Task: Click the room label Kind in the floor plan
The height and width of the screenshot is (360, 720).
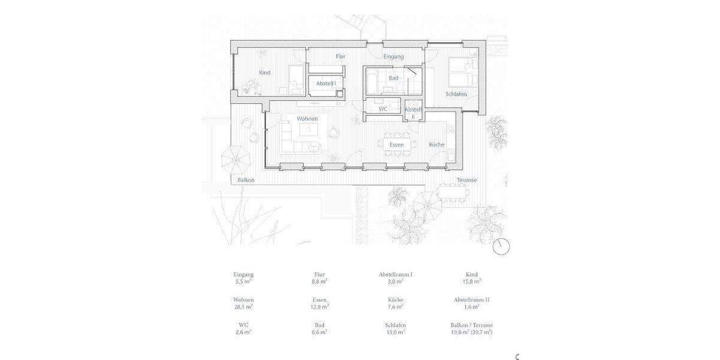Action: tap(265, 73)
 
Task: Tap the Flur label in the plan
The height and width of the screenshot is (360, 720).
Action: tap(340, 56)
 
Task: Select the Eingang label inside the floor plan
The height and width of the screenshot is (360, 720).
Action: tap(394, 56)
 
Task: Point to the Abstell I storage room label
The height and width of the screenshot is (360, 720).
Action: tap(326, 84)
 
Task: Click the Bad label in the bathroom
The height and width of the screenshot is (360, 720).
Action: tap(394, 78)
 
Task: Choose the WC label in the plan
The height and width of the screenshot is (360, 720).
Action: tap(383, 109)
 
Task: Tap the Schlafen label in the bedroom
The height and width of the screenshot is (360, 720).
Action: tap(456, 94)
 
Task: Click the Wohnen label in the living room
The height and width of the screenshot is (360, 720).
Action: tap(307, 119)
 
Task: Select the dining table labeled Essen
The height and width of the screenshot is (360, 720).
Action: tap(396, 145)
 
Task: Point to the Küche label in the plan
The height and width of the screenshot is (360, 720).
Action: tap(436, 145)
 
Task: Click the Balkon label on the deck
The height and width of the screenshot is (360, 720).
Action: tap(246, 180)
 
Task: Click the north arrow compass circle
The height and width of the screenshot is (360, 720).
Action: tap(501, 247)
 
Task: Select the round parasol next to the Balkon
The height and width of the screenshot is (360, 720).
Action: tap(235, 159)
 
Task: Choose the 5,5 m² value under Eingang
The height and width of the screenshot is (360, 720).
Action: tap(243, 280)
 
